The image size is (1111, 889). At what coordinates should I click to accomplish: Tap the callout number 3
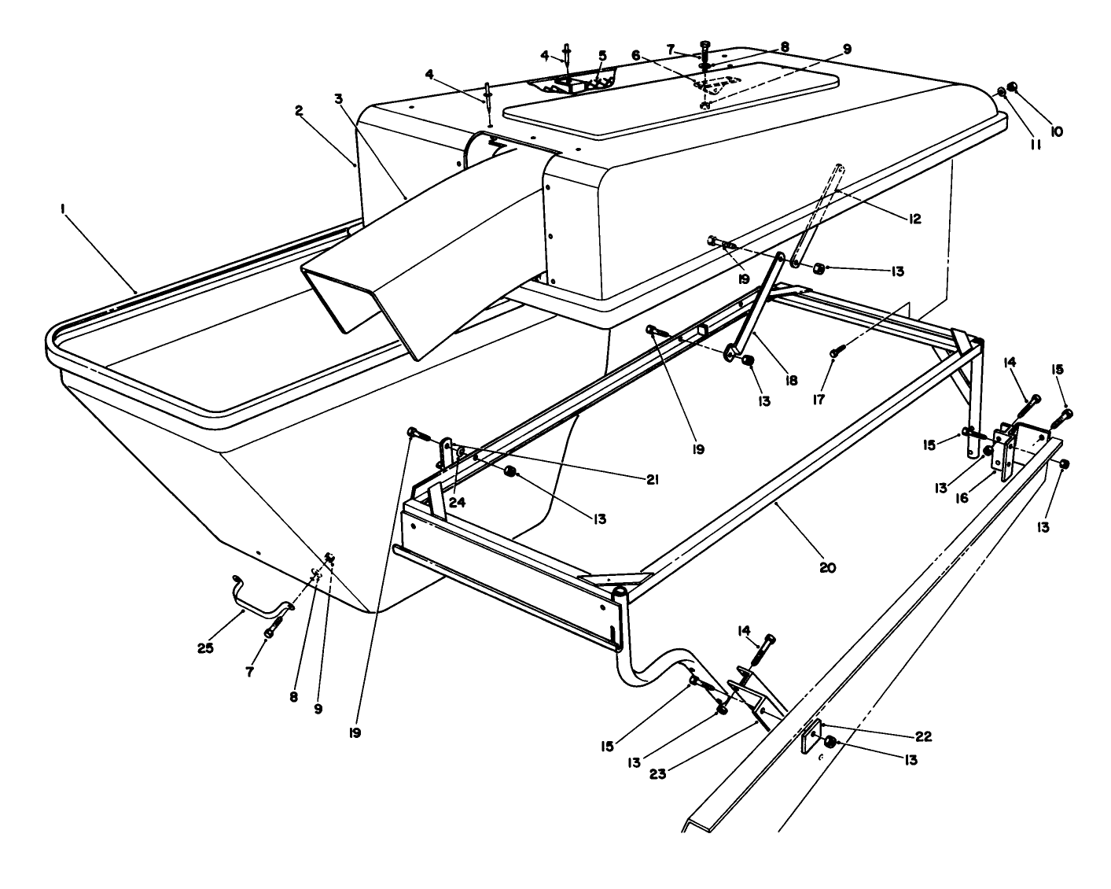click(338, 98)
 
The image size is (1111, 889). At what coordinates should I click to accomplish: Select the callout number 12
click(912, 218)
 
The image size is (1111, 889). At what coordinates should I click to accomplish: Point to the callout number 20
click(827, 566)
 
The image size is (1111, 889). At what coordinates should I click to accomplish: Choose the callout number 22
click(922, 737)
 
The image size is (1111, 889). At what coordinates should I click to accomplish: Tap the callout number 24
click(458, 502)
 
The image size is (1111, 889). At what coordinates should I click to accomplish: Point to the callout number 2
click(300, 111)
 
